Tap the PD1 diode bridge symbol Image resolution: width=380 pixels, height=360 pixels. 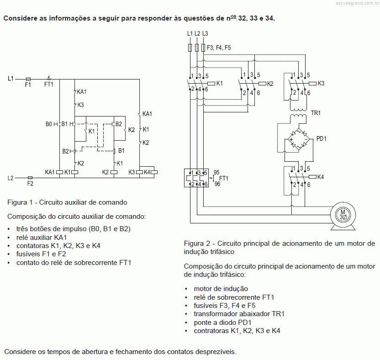pyautogui.click(x=299, y=140)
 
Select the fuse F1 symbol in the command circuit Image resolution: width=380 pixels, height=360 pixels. pyautogui.click(x=28, y=79)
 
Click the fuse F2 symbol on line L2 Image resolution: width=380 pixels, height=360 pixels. pyautogui.click(x=30, y=178)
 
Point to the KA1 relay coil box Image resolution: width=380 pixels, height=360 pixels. pyautogui.click(x=60, y=172)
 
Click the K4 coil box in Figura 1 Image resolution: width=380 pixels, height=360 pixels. pyautogui.click(x=154, y=172)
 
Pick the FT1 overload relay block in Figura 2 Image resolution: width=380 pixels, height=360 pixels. pyautogui.click(x=196, y=178)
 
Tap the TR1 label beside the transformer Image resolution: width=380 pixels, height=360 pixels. pyautogui.click(x=316, y=113)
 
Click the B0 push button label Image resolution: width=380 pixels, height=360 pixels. pyautogui.click(x=49, y=124)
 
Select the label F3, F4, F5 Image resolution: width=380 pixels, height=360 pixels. pyautogui.click(x=219, y=48)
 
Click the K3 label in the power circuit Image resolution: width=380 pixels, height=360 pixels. pyautogui.click(x=321, y=84)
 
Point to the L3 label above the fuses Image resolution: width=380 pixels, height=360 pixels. pyautogui.click(x=205, y=33)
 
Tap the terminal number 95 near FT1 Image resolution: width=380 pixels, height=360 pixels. pyautogui.click(x=216, y=172)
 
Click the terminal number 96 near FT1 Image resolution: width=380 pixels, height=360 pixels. pyautogui.click(x=217, y=184)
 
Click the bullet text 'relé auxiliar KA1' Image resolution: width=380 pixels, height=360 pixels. pyautogui.click(x=42, y=238)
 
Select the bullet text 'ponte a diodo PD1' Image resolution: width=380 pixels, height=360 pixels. pyautogui.click(x=222, y=323)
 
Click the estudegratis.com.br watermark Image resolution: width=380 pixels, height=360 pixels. pyautogui.click(x=357, y=3)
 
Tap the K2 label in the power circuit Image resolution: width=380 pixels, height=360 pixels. pyautogui.click(x=270, y=84)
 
